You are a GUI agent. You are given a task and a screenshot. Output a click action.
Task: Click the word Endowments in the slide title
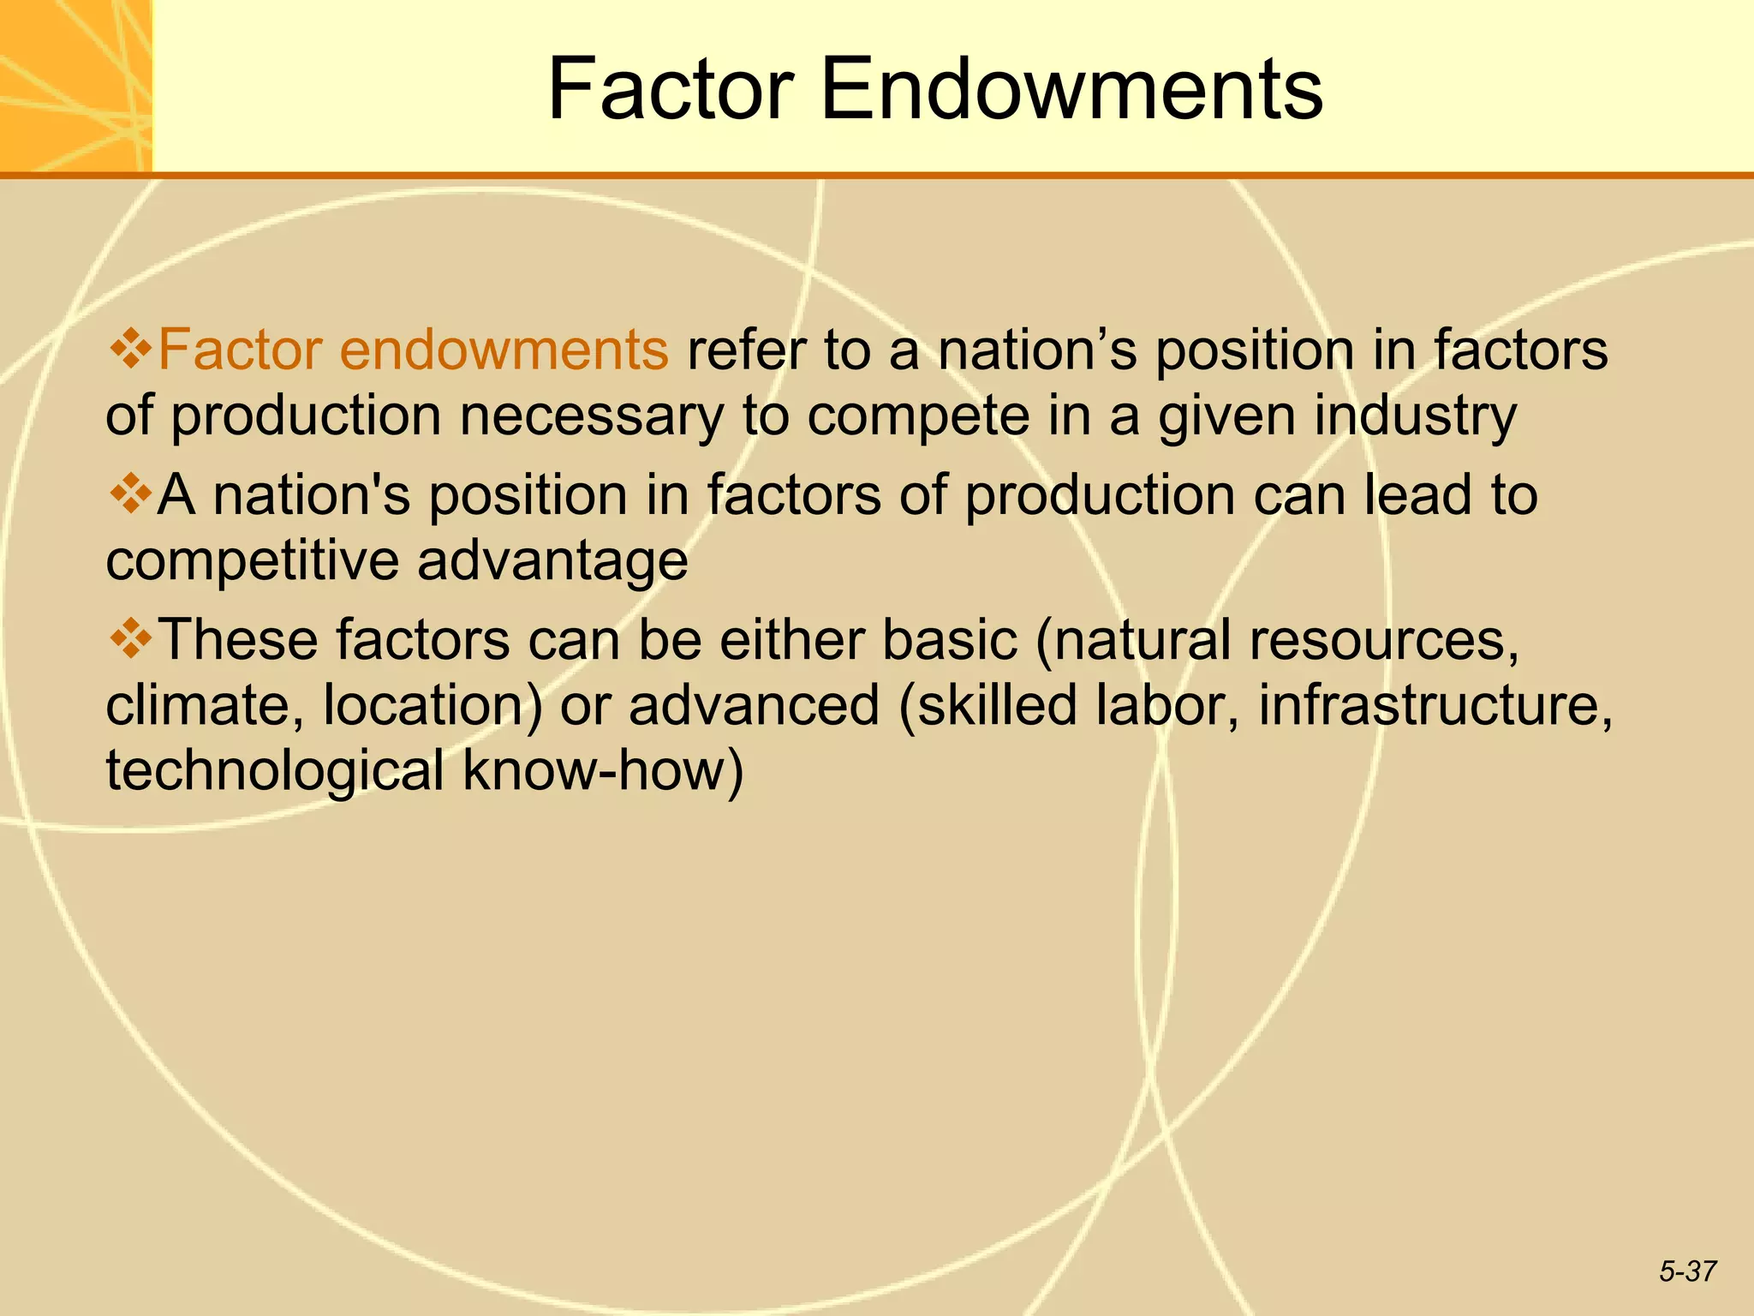(x=1071, y=89)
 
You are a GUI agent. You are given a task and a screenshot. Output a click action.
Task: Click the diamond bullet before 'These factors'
(x=130, y=639)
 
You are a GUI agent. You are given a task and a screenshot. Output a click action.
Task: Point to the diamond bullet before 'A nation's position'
(x=130, y=495)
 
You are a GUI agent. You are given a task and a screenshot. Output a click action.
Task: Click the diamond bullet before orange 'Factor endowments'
(x=130, y=350)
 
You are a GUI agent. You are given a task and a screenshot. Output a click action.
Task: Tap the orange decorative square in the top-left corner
(x=75, y=86)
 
